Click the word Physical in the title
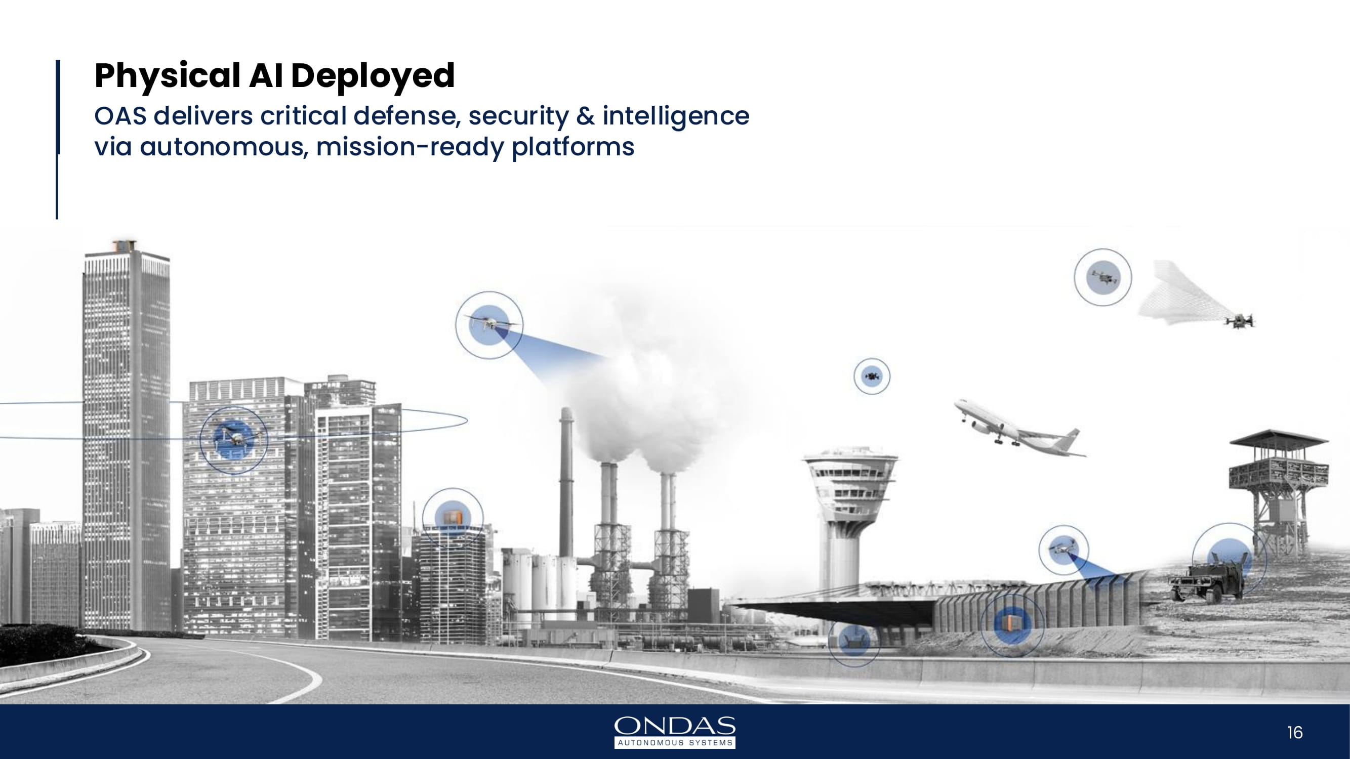167,76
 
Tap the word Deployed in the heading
373,76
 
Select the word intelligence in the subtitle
676,116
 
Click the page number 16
1294,732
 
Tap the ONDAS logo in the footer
674,732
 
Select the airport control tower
849,524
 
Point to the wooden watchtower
1279,492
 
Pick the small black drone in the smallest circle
872,375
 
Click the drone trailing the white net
1240,320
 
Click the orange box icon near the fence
1010,623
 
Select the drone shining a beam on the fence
1062,548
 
